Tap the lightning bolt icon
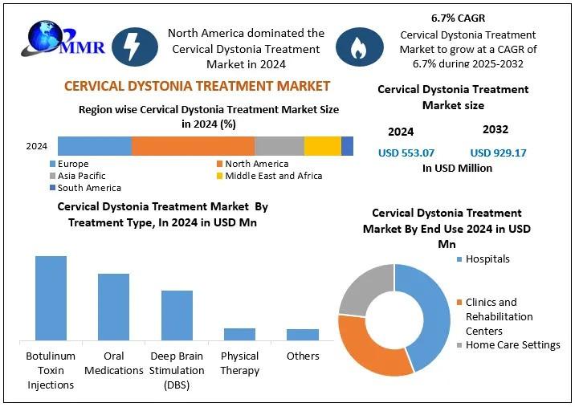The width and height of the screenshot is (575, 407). [134, 47]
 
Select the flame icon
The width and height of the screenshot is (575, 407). [358, 47]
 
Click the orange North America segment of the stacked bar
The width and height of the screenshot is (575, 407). [193, 146]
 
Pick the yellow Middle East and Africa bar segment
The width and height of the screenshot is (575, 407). [322, 146]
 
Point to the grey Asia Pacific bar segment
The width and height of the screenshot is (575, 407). [279, 146]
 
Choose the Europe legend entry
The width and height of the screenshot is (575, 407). [73, 164]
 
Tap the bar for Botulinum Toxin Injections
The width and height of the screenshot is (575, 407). [51, 298]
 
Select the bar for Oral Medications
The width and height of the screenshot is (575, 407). [113, 307]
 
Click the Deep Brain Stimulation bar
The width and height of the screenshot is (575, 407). [177, 315]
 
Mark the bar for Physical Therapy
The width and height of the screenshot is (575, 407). [239, 334]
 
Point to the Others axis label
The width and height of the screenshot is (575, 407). [303, 356]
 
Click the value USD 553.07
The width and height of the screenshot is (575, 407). [406, 153]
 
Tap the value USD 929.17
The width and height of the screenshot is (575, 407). [498, 153]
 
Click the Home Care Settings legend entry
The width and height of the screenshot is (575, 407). [512, 345]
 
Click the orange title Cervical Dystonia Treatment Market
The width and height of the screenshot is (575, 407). [197, 86]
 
